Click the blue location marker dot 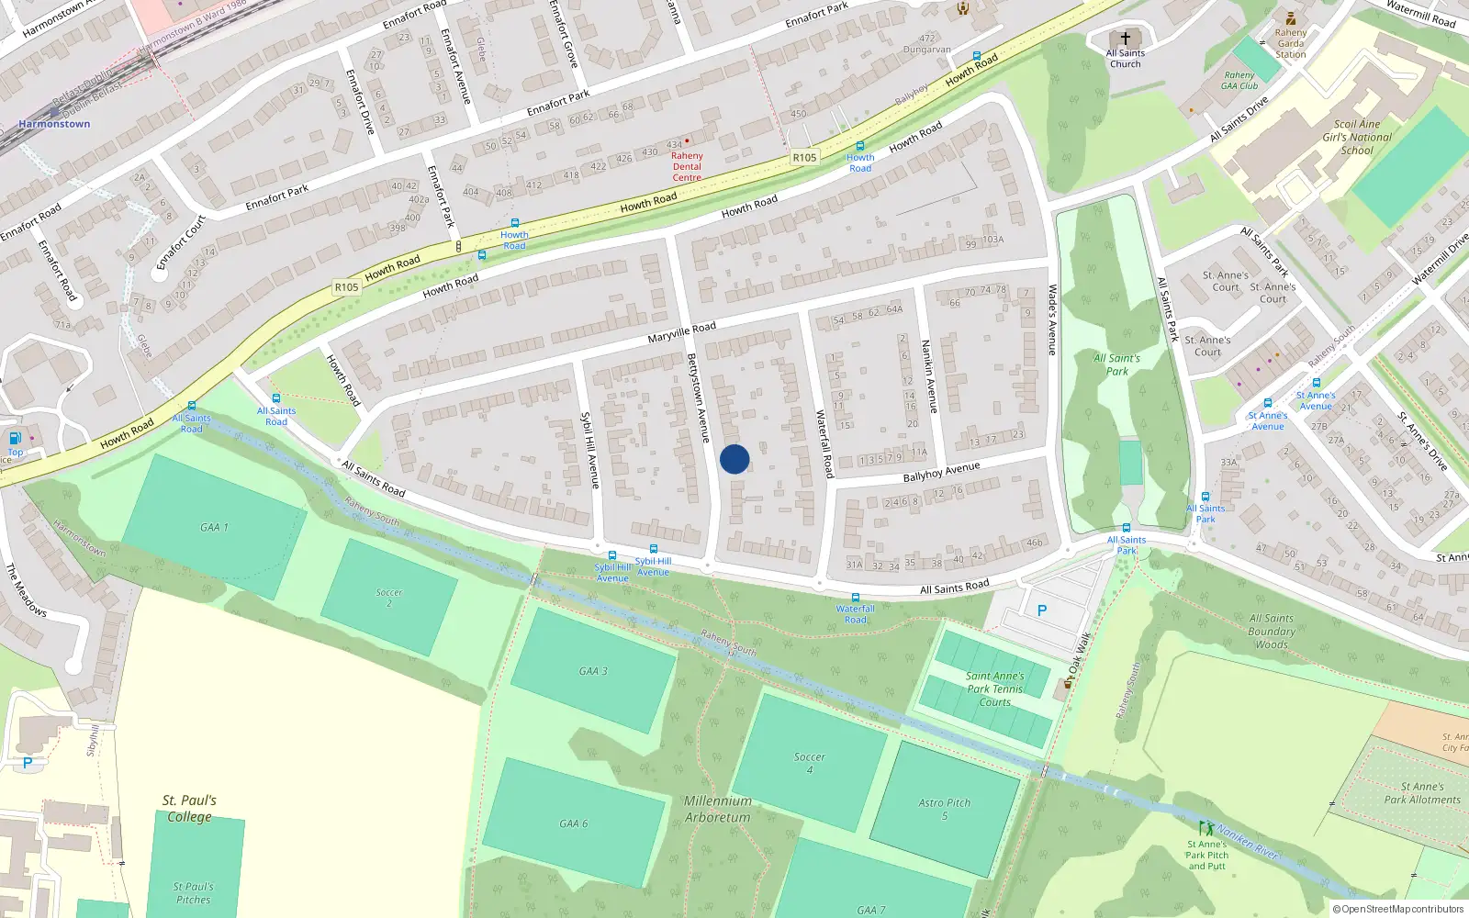tap(734, 459)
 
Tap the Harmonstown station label tap(55, 124)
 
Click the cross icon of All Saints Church tap(1126, 39)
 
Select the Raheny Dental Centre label tap(687, 166)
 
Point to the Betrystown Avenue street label tap(699, 398)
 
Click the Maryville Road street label tap(681, 332)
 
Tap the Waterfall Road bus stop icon tap(855, 598)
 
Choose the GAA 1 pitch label tap(214, 528)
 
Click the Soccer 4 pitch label tap(809, 763)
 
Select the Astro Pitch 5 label tap(944, 809)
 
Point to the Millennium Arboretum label tap(717, 809)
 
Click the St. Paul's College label tap(189, 808)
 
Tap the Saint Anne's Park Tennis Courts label tap(994, 688)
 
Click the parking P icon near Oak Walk tap(1041, 610)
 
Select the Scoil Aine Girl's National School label tap(1357, 137)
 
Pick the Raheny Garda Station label tap(1290, 43)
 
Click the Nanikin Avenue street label tap(929, 376)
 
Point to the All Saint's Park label tap(1116, 364)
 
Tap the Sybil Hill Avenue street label tap(589, 450)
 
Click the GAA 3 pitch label tap(592, 671)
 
